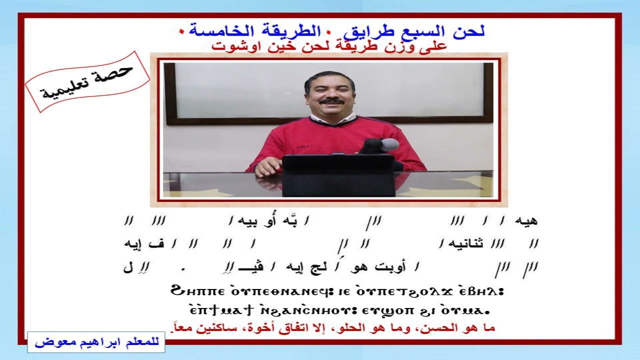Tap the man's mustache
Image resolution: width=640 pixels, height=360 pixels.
coord(331,101)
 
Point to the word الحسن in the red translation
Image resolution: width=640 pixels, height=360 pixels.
coord(448,328)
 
